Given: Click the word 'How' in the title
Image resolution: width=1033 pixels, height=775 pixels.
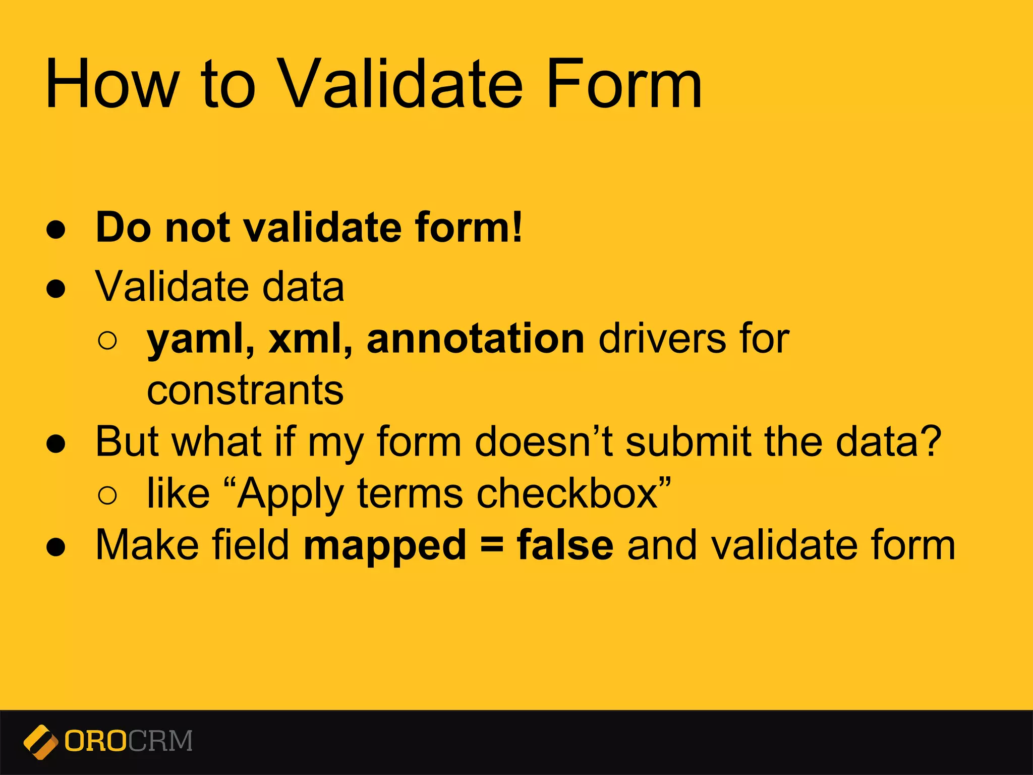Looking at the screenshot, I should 112,84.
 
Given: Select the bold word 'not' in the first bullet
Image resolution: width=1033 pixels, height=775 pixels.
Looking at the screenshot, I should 198,228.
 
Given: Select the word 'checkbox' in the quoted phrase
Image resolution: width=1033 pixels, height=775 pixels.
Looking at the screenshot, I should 567,493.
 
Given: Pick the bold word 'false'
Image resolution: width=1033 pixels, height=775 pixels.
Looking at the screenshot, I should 565,545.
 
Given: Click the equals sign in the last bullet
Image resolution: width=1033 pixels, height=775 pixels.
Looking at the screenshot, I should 492,545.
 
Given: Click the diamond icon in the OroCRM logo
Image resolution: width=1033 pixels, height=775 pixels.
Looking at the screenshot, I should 40,742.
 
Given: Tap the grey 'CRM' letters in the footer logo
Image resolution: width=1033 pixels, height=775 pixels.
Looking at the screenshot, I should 160,741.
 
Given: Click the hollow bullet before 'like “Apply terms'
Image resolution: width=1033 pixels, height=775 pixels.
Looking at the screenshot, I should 107,494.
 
